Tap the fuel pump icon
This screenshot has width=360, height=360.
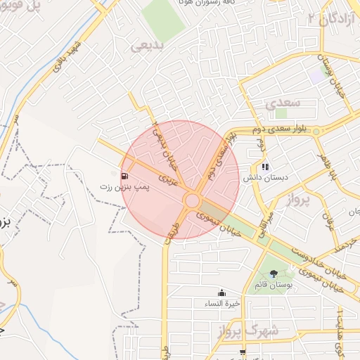pos(125,176)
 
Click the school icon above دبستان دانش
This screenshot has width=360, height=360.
pos(265,167)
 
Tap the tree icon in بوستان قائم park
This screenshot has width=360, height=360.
pos(273,274)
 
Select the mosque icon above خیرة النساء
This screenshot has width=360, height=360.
pos(222,292)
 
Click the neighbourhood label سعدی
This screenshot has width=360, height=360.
pos(283,103)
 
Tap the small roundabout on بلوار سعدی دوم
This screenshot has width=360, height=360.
pos(317,131)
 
